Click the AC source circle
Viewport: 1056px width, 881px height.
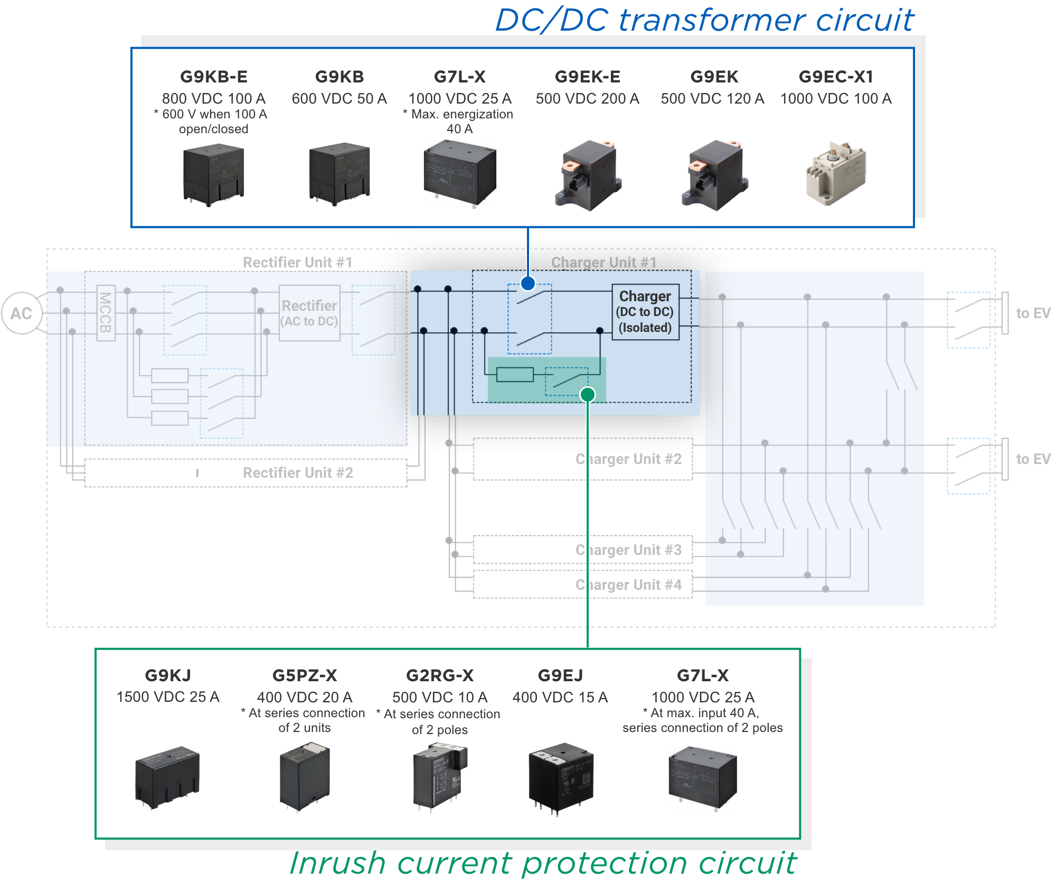tap(22, 313)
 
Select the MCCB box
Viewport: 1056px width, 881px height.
tap(106, 313)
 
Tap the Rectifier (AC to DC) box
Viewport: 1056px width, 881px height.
tap(309, 313)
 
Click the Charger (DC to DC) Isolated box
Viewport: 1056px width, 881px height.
tap(645, 312)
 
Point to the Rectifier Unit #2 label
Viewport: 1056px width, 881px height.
tap(298, 472)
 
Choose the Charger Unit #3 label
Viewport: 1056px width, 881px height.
tap(628, 550)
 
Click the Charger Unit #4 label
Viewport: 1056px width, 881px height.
tap(628, 585)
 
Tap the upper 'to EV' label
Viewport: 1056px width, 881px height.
tap(1033, 313)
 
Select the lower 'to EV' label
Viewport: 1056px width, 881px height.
tap(1033, 459)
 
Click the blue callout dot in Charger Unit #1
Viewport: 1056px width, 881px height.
tap(528, 283)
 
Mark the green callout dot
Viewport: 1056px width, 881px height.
tap(588, 394)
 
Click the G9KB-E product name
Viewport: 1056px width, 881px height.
tap(214, 77)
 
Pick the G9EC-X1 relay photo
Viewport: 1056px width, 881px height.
tap(836, 174)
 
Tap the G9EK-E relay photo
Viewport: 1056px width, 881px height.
tap(588, 175)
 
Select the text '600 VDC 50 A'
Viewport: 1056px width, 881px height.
tap(340, 99)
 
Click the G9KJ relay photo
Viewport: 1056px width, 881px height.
tap(168, 776)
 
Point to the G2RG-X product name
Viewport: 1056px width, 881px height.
tap(440, 675)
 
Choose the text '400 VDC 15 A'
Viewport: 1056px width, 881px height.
tap(560, 698)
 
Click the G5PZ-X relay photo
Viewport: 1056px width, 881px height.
tap(305, 776)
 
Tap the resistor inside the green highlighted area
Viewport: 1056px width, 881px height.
tap(515, 374)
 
